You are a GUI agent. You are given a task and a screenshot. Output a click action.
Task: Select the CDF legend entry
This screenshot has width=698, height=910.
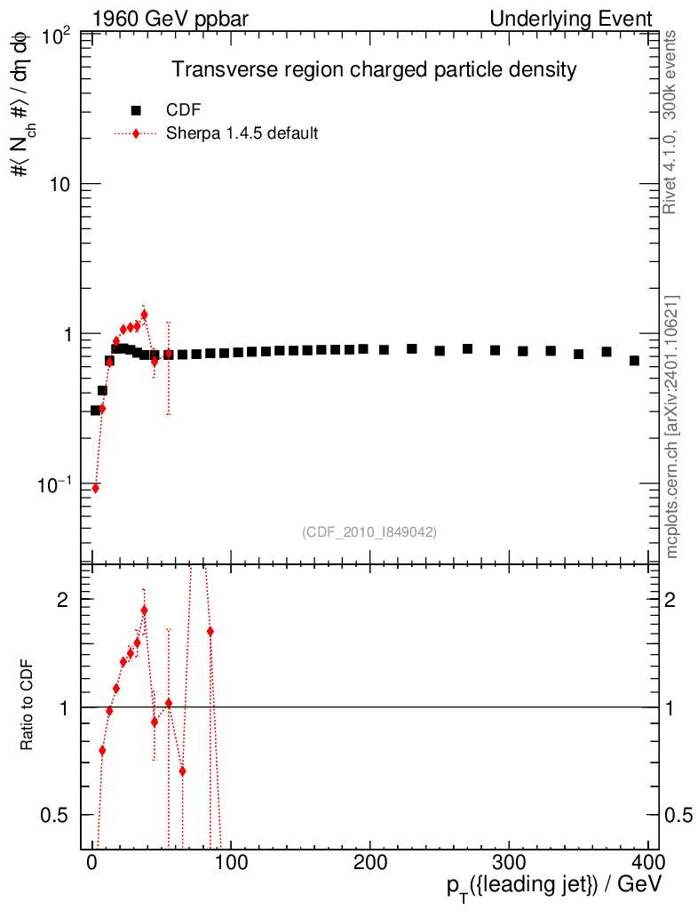coord(183,110)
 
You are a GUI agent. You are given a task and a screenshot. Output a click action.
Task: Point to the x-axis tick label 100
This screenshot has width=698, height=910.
coord(231,862)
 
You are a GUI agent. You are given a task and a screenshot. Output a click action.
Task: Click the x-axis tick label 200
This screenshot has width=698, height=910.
coord(369,862)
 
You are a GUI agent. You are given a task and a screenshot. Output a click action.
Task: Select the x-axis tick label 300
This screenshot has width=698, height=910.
coord(508,862)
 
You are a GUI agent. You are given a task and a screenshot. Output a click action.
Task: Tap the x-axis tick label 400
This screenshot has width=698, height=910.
coord(646,862)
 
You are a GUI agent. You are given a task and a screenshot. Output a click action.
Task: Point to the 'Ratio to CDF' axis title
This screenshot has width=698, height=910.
coord(28,707)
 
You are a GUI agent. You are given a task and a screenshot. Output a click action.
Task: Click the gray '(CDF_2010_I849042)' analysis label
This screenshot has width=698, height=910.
coord(369,531)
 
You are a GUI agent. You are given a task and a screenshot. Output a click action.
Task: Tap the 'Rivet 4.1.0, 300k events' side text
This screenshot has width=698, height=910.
coord(671,122)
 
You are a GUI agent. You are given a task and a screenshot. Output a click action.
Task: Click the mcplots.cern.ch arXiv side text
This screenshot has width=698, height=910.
coord(672,427)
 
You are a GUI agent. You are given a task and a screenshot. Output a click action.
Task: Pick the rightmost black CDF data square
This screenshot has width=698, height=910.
coord(634,361)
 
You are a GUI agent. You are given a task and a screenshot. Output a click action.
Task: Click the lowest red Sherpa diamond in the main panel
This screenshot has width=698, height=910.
coord(96,488)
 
